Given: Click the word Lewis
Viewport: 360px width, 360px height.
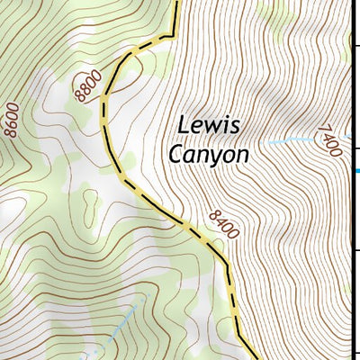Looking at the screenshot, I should click(207, 125).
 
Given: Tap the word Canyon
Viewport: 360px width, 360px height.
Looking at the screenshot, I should click(208, 155).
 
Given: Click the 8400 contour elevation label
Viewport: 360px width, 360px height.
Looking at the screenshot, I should click(222, 224).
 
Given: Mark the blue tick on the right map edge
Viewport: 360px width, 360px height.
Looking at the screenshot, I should click(356, 170).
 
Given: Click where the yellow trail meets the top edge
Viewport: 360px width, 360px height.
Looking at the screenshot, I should click(175, 3).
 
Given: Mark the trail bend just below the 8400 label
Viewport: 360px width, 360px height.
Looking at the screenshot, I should click(225, 263).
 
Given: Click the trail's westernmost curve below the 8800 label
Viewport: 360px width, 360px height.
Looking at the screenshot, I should click(104, 108).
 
